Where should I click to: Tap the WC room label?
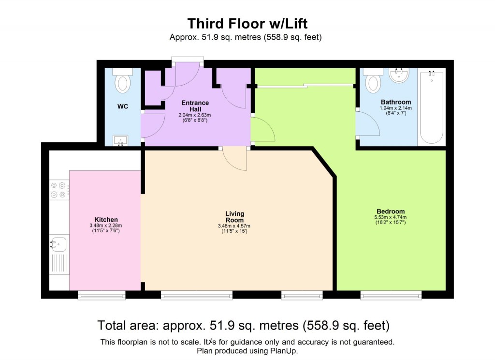tap(123, 106)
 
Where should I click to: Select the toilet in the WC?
tap(123, 81)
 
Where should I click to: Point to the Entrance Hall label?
tap(195, 105)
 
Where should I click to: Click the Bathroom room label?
tap(396, 102)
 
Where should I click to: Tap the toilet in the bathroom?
tap(373, 81)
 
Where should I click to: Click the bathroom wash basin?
tap(400, 75)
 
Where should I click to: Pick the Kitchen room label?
tap(106, 220)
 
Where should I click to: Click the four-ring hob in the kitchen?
tap(59, 189)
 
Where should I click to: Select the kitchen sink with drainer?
tap(59, 256)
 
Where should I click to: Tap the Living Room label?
tap(234, 216)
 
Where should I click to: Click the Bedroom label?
tap(391, 211)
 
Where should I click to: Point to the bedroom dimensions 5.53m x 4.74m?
tap(391, 218)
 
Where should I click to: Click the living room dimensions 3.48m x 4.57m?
tap(234, 225)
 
